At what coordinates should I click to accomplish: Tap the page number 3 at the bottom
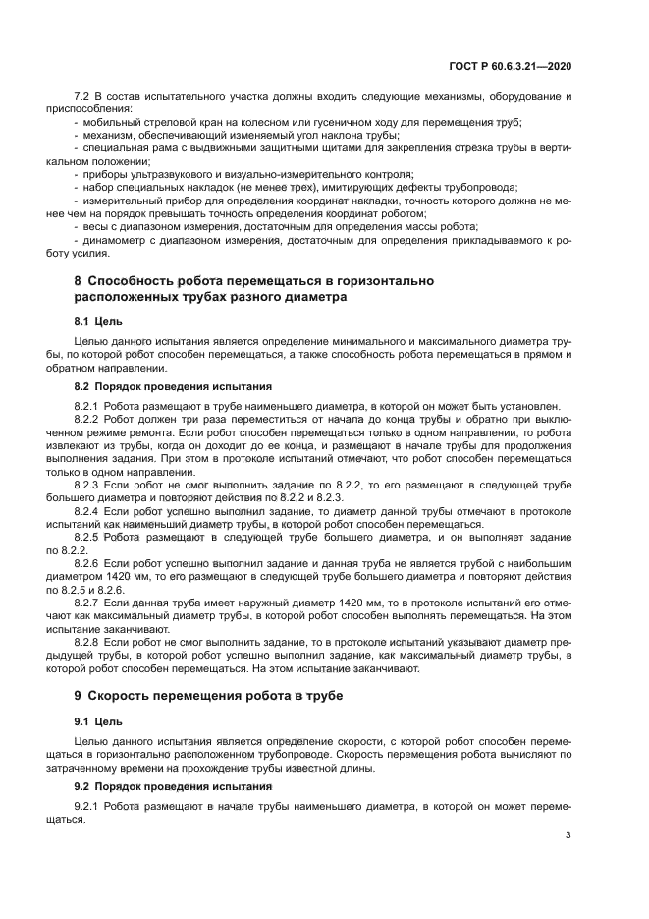tap(568, 835)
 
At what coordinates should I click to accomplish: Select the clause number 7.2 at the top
tap(82, 96)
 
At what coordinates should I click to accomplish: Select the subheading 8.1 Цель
tap(96, 320)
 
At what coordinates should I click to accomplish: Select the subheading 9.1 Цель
tap(96, 721)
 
